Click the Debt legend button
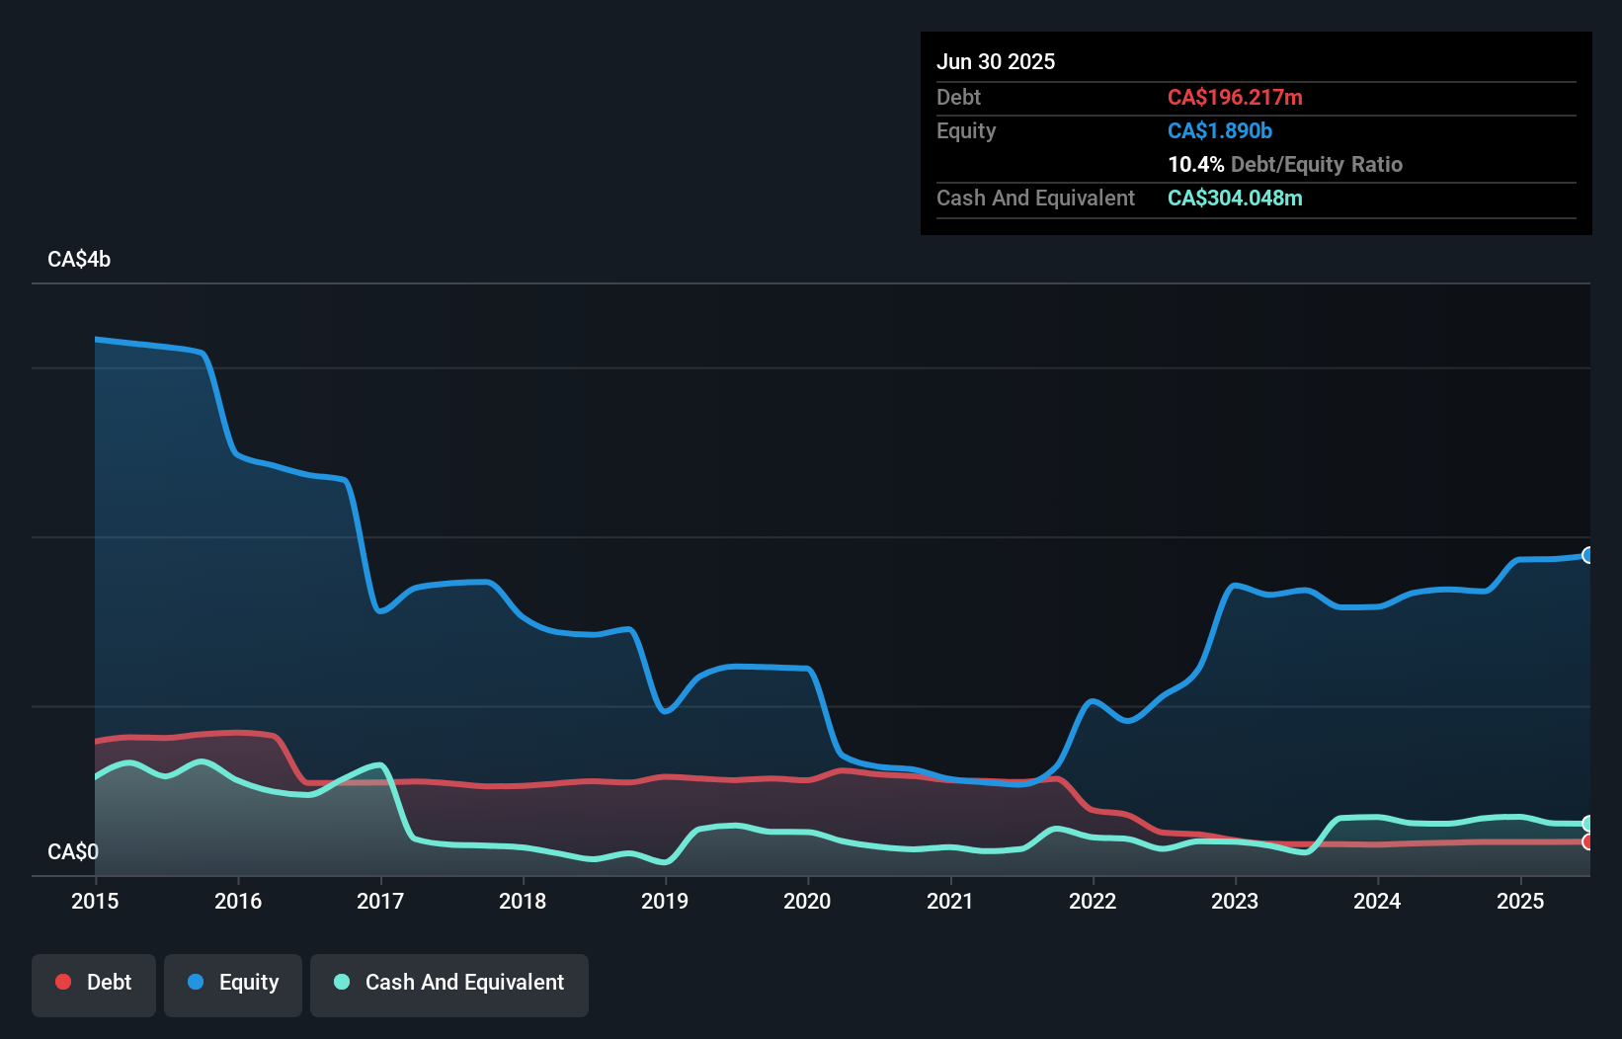94,984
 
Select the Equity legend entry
233,984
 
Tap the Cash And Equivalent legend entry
449,984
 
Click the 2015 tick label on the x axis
95,901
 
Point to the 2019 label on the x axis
665,901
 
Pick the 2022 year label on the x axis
1093,901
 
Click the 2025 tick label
1520,901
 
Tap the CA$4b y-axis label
79,260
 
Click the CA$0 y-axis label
73,851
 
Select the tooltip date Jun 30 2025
996,62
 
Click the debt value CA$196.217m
1235,98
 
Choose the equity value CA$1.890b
1220,131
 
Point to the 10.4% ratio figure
1195,165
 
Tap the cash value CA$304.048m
1235,199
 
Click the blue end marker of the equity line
1587,555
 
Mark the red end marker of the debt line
1587,842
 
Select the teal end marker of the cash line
1587,824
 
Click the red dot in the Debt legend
63,982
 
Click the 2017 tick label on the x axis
380,901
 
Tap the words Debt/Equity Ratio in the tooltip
1317,165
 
